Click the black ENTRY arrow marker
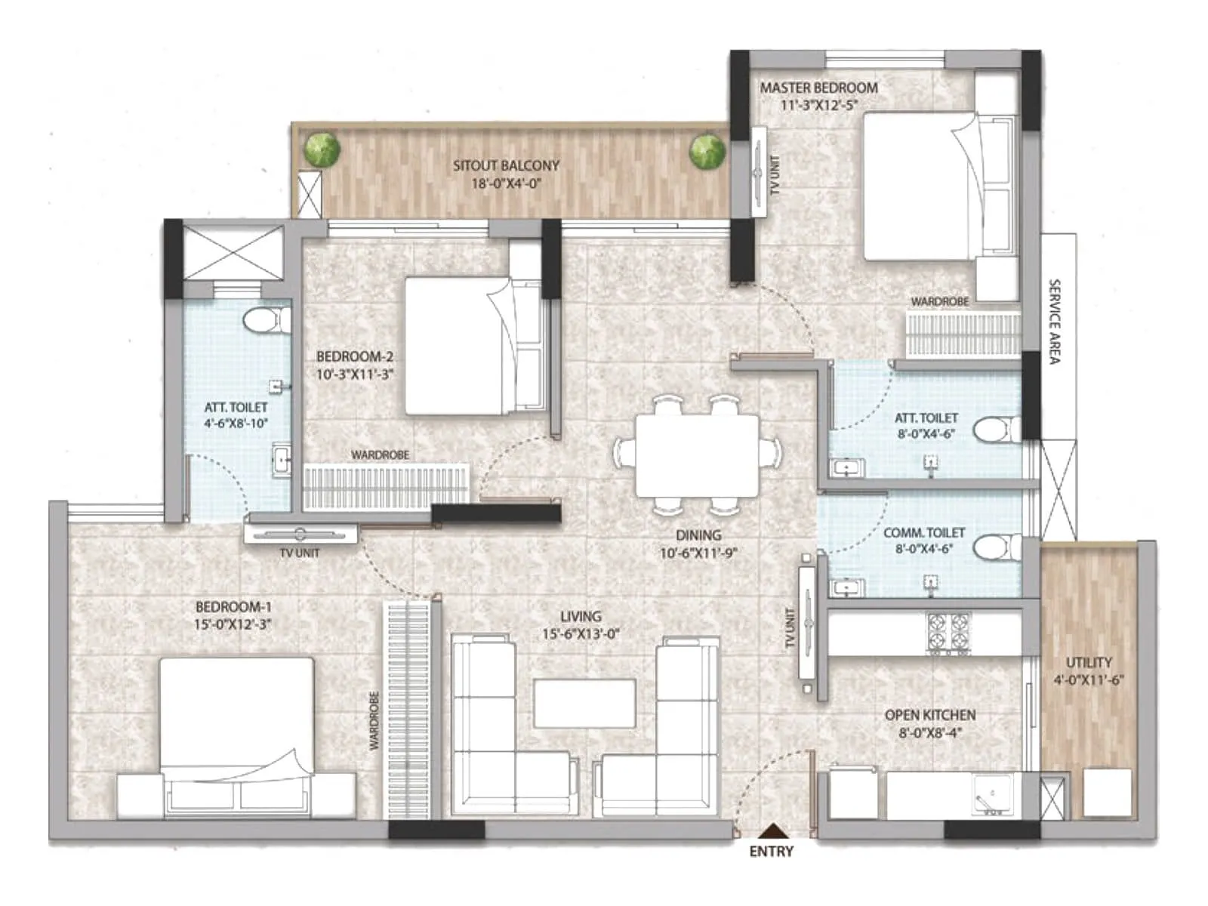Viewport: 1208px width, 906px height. [770, 830]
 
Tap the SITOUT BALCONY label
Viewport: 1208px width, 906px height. [506, 165]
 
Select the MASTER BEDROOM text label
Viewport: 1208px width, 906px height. [818, 88]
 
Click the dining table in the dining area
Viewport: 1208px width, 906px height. [697, 455]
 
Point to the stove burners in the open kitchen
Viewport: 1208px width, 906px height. [949, 631]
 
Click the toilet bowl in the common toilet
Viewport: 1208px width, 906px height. [995, 546]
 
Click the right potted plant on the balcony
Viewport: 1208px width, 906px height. [707, 151]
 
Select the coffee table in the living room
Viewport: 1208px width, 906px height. [584, 703]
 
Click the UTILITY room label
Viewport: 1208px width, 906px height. [1088, 662]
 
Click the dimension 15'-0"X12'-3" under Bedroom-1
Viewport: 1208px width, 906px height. [233, 624]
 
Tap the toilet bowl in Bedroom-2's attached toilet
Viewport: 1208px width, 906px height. [266, 320]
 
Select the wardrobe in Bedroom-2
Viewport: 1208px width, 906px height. [385, 486]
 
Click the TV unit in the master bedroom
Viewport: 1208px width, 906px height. [758, 172]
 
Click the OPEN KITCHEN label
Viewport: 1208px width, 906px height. [929, 714]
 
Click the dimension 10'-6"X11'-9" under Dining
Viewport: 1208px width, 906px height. [698, 553]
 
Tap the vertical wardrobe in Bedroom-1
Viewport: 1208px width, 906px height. [408, 709]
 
